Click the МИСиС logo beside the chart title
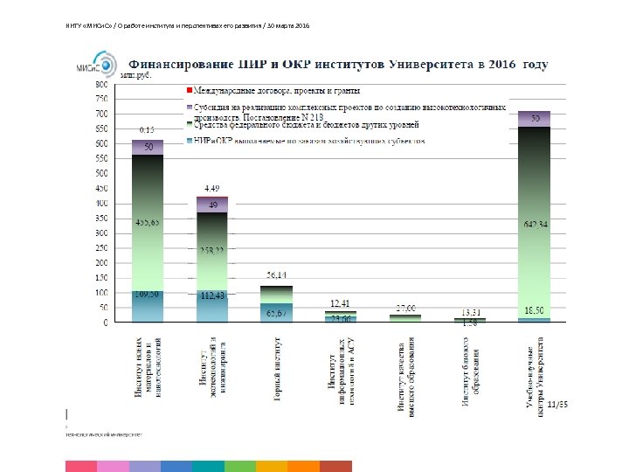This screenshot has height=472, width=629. (98, 65)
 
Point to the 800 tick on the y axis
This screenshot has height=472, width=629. (102, 85)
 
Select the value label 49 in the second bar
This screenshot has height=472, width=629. (212, 205)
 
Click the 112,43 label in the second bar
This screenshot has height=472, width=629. (212, 295)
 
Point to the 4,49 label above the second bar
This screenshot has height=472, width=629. (212, 188)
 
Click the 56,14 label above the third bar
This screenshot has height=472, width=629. (277, 274)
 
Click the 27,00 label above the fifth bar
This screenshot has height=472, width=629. (406, 308)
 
